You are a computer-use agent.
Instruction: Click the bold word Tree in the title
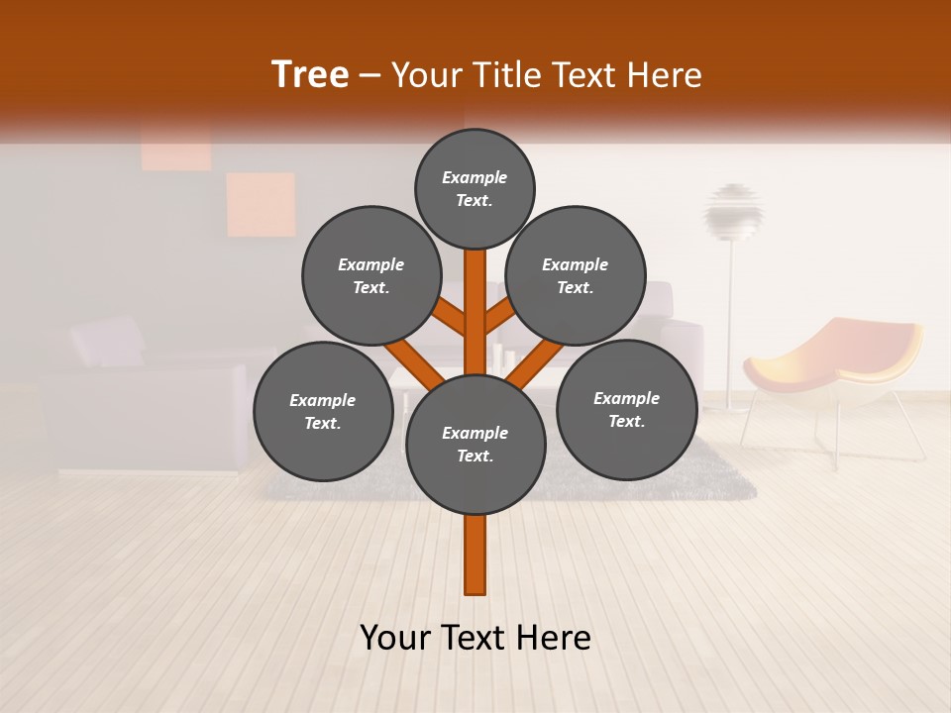click(310, 74)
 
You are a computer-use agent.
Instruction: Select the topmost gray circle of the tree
click(475, 188)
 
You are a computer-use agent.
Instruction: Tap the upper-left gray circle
click(370, 275)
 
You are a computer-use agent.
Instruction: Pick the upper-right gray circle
click(576, 275)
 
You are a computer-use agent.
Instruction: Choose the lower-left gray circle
click(323, 411)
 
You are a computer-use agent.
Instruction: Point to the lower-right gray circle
click(626, 409)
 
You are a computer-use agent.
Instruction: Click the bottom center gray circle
click(475, 444)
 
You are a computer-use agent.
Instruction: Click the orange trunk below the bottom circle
click(475, 555)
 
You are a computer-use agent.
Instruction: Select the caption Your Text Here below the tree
click(475, 638)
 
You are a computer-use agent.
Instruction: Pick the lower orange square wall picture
click(261, 204)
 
